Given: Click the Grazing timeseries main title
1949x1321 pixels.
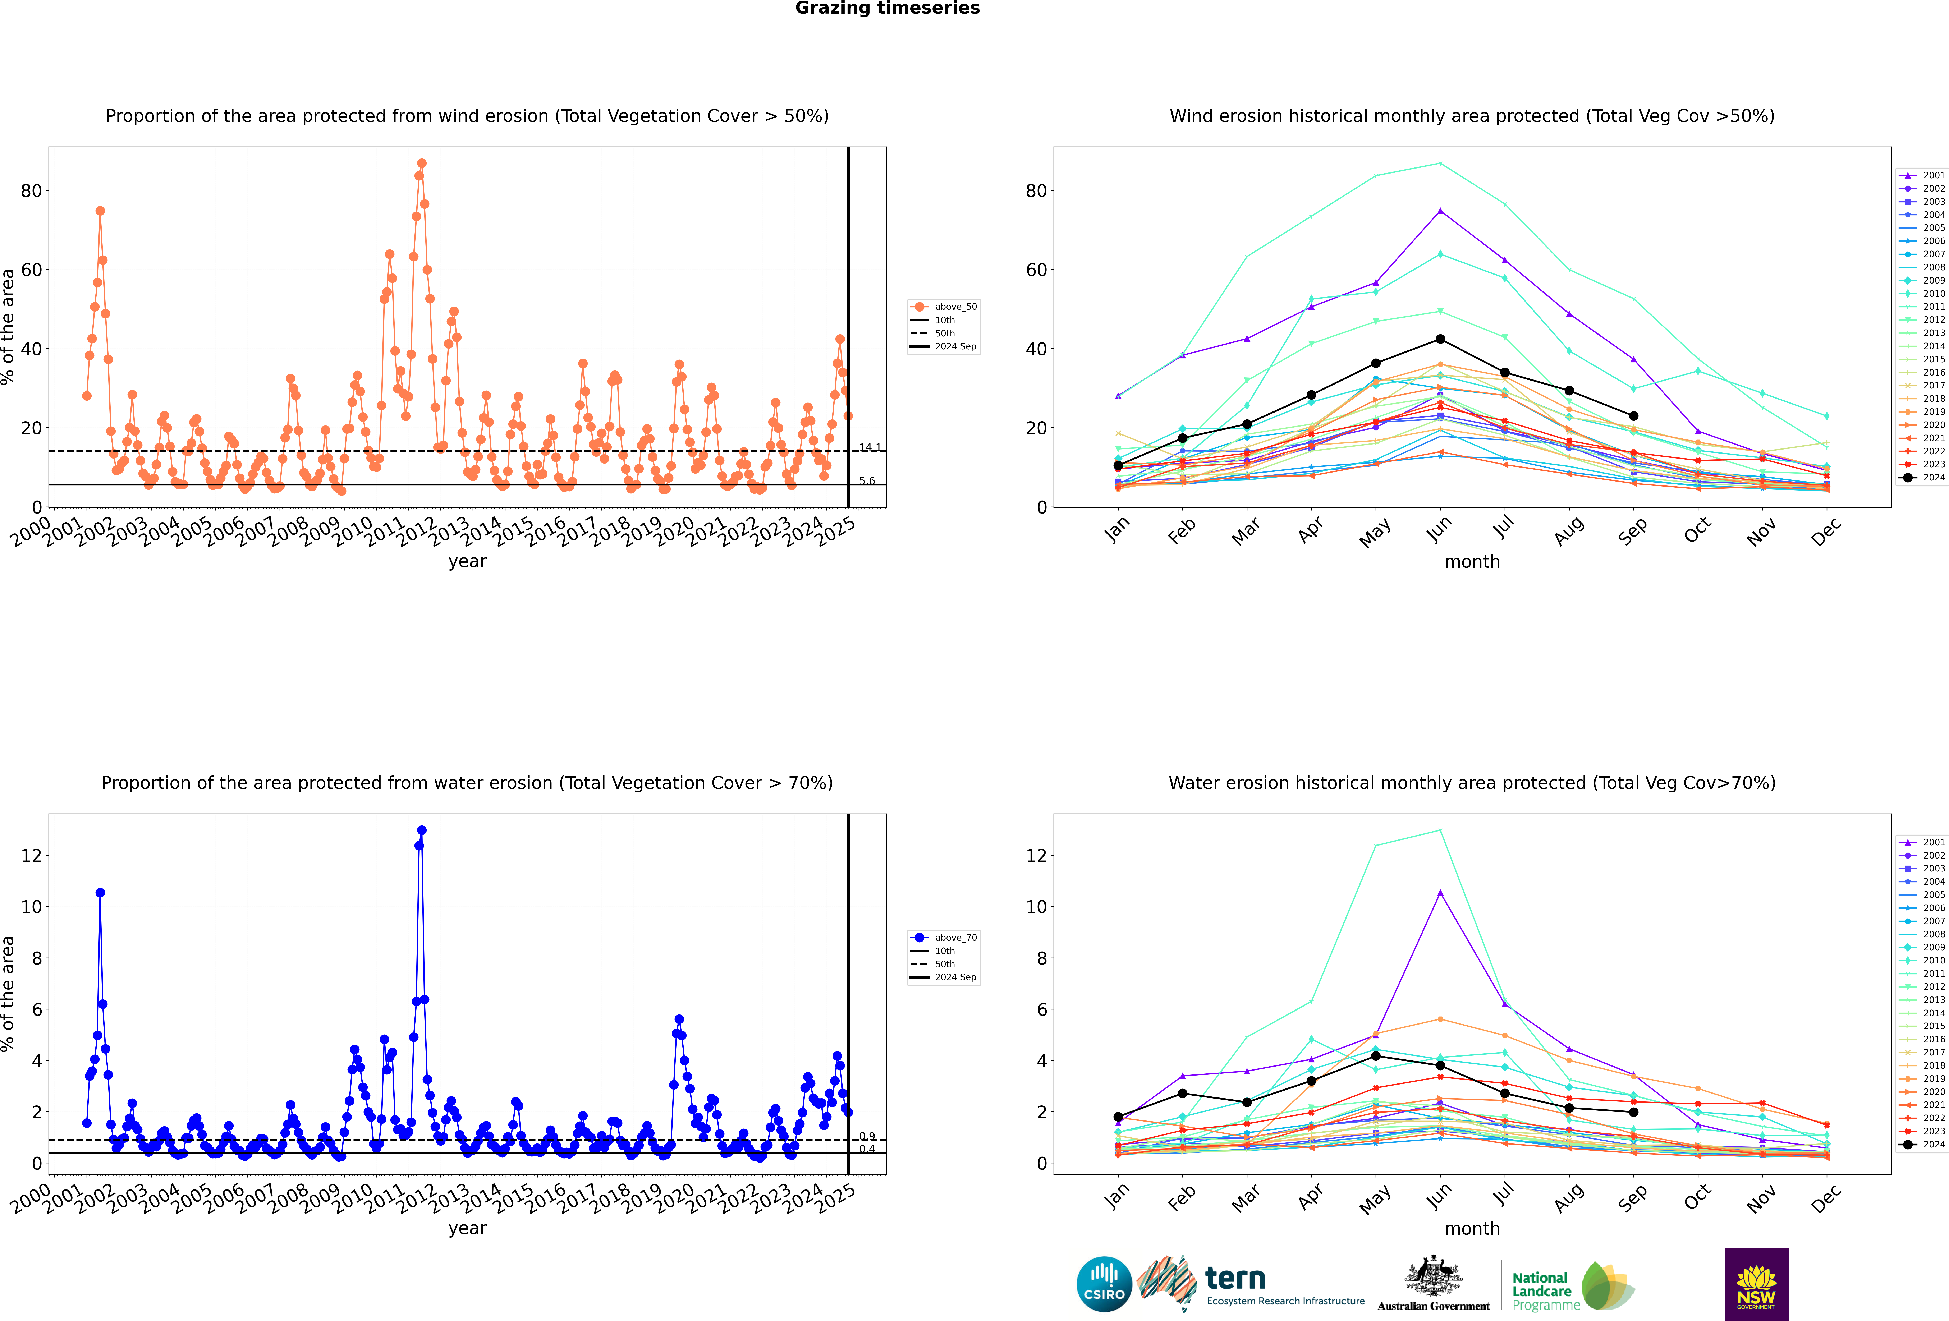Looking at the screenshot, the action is coord(887,8).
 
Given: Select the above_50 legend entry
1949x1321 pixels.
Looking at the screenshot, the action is coord(944,307).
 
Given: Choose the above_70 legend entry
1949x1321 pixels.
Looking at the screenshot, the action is coord(944,938).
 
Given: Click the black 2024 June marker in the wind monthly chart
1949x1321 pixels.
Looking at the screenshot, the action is coord(1440,339).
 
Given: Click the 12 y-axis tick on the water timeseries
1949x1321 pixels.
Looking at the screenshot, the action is coord(31,856).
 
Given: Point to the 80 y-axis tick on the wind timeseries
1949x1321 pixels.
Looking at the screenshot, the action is coord(31,191).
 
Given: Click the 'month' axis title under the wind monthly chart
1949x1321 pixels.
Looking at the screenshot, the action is coord(1472,562).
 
